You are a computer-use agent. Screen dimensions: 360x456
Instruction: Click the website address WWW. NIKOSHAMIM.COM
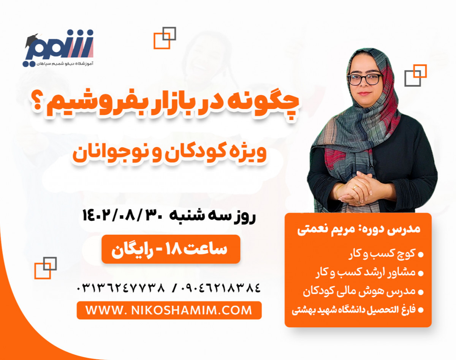point(169,310)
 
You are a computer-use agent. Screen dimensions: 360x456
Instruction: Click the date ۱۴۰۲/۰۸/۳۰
point(123,216)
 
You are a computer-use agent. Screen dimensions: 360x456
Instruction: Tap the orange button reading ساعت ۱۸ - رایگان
point(171,249)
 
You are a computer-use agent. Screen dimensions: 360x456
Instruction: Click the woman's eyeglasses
point(364,79)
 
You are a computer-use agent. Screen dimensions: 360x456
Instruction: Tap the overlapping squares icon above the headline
point(165,38)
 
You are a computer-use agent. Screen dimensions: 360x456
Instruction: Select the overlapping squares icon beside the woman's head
point(415,75)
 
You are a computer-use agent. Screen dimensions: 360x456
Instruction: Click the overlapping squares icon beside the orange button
point(45,268)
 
